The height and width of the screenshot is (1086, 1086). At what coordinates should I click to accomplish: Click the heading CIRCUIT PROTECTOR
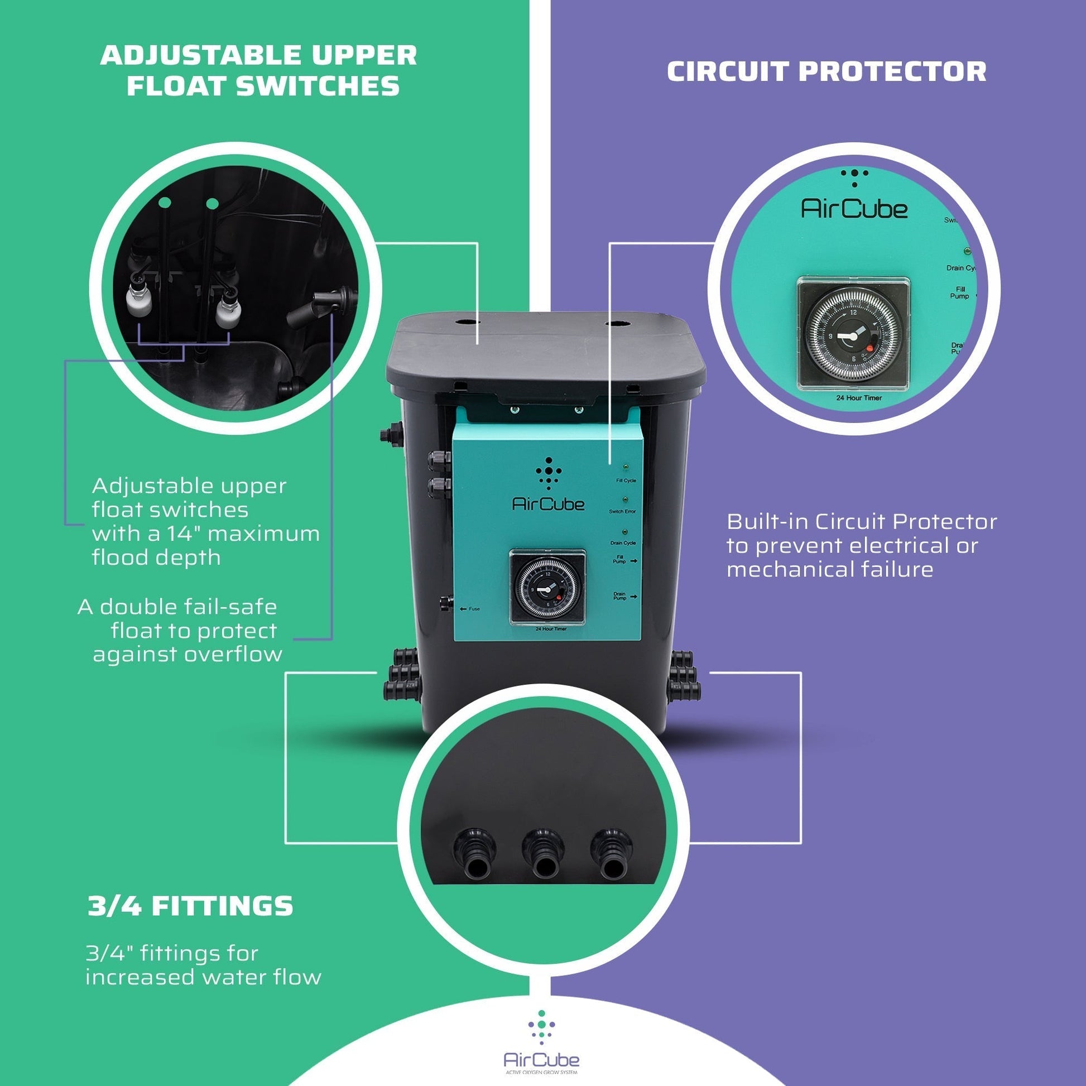coord(826,71)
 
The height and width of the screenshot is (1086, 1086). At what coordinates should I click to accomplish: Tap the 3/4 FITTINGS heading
coord(190,906)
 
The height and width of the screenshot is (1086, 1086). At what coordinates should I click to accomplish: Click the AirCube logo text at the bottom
coord(541,1060)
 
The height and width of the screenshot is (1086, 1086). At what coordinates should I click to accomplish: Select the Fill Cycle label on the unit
coord(626,480)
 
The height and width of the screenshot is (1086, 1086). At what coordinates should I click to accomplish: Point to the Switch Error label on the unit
coord(622,512)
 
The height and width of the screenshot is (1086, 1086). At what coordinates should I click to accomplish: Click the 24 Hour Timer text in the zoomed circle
coord(858,398)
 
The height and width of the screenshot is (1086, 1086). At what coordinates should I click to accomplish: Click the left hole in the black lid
coord(467,323)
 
